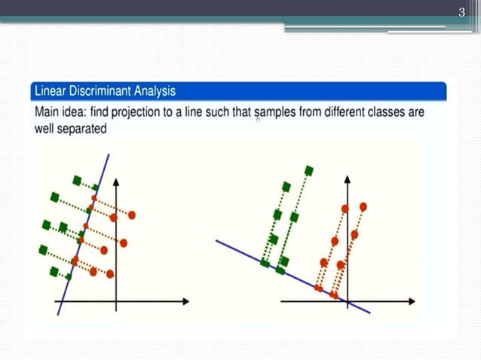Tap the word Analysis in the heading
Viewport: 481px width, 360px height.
click(155, 91)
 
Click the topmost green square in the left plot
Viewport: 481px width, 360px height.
click(77, 180)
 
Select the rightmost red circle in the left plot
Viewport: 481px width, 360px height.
click(132, 215)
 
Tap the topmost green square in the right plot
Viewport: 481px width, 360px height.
click(308, 169)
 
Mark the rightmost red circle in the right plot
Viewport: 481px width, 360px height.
click(363, 206)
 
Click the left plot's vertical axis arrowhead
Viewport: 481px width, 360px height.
click(115, 183)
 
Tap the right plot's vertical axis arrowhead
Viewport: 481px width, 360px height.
click(348, 181)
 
